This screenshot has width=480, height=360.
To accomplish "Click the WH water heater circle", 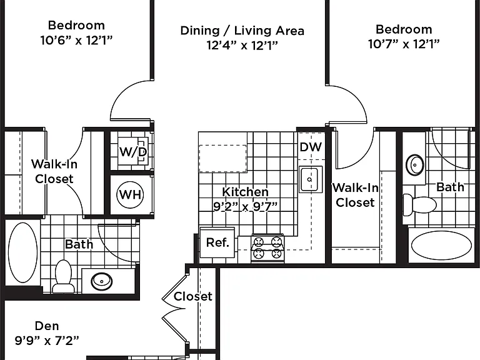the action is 130,194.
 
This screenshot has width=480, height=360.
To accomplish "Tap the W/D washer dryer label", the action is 133,151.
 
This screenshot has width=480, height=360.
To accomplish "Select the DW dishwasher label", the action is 311,147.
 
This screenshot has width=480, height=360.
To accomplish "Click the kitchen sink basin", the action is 311,179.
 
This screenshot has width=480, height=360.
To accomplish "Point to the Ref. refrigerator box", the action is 217,242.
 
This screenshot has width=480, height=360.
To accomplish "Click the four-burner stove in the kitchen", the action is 268,248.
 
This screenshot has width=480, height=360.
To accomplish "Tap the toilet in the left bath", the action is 63,276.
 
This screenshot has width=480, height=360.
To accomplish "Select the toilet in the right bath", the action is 420,205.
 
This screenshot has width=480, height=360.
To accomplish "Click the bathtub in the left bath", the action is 22,252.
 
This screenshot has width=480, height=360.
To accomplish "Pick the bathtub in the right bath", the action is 441,246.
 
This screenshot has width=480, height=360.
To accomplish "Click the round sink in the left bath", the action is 102,281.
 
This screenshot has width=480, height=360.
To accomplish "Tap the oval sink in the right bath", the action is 415,165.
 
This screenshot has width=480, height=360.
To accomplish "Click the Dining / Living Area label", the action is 242,31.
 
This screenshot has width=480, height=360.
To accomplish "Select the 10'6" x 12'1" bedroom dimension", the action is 76,40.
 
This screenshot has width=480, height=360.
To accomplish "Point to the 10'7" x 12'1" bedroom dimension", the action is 404,44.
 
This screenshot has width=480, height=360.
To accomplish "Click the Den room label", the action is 47,326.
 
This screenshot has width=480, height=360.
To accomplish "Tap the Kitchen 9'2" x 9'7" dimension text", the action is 245,206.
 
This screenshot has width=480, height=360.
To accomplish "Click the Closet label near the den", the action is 193,296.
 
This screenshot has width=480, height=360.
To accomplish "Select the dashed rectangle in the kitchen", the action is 223,159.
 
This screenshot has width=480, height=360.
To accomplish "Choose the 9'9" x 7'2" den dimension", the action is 47,341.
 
